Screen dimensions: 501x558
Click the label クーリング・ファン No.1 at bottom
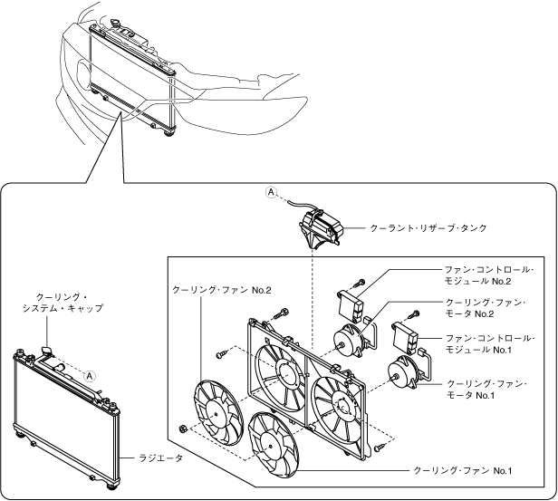coord(464,471)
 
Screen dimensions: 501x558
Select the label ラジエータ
coord(164,459)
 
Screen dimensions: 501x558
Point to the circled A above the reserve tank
coord(270,192)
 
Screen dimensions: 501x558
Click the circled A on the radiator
coord(90,373)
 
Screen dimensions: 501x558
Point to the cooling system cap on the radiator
coord(46,348)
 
